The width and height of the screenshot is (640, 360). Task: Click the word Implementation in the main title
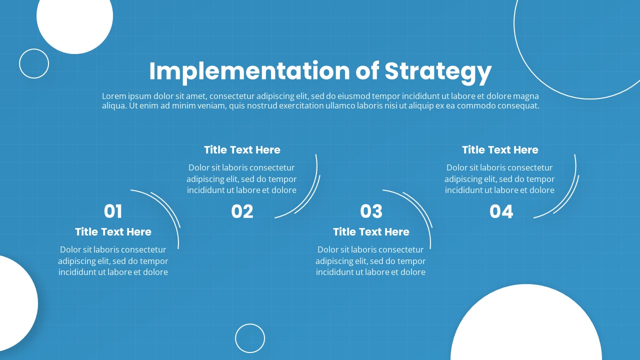click(x=249, y=71)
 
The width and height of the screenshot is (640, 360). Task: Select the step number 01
click(x=113, y=211)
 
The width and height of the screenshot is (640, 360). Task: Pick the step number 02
click(x=242, y=211)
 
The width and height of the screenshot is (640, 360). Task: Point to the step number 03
click(x=371, y=211)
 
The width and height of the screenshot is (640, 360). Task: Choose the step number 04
click(x=501, y=211)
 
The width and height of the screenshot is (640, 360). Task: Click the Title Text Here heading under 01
click(x=113, y=231)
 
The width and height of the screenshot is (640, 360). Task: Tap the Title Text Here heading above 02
click(x=242, y=149)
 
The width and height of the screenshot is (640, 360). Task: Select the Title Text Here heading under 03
click(x=371, y=231)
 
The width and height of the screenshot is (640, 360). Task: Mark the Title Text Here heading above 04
click(x=500, y=149)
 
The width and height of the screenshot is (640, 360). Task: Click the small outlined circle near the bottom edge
click(x=250, y=323)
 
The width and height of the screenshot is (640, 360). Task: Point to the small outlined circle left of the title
click(x=34, y=49)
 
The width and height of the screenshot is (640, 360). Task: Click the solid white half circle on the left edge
click(x=17, y=303)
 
